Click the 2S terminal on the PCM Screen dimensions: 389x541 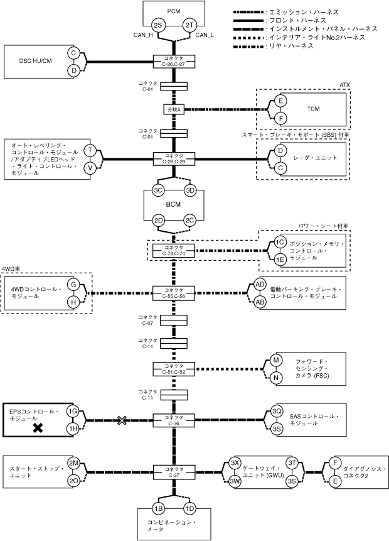tap(158, 25)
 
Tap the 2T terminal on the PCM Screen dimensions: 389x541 tap(189, 25)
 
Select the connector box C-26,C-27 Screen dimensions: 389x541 tap(174, 62)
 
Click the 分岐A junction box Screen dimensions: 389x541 tap(174, 109)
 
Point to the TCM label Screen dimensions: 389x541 tap(313, 109)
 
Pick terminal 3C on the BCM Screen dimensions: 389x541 tap(158, 190)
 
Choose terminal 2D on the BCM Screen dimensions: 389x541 tap(158, 221)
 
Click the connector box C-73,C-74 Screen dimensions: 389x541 tap(174, 251)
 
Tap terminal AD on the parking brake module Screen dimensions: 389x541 tap(260, 284)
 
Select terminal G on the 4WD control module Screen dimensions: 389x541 tap(73, 285)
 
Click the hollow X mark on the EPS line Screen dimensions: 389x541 tap(122, 420)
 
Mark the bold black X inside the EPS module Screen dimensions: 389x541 tap(38, 428)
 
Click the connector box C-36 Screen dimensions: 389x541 tap(174, 420)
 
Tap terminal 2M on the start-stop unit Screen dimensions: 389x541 tap(73, 463)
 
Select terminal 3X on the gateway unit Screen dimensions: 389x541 tap(235, 463)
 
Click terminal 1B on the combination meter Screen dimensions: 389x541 tap(158, 508)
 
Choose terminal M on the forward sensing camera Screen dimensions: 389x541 tap(276, 361)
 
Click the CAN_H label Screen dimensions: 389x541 tap(143, 35)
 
